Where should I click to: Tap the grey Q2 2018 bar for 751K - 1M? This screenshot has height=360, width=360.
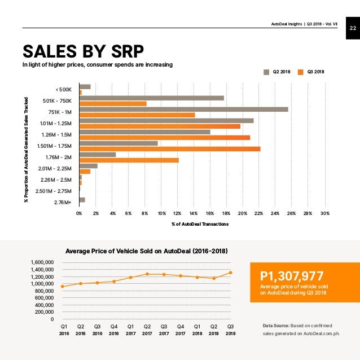coord(183,109)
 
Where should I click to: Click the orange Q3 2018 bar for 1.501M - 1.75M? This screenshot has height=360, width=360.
coord(169,149)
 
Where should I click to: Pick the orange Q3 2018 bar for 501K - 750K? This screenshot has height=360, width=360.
coord(113,103)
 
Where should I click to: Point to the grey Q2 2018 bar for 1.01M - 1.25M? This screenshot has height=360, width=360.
coord(166,120)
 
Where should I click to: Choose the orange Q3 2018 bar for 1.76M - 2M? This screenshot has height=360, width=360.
coord(129,160)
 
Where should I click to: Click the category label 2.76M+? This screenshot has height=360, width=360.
coord(64,201)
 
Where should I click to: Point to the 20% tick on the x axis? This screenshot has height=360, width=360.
coord(243,214)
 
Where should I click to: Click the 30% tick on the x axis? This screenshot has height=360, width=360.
coord(325,214)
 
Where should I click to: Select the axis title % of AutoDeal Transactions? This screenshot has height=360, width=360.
coord(200,225)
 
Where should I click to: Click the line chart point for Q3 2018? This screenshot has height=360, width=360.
coord(231,273)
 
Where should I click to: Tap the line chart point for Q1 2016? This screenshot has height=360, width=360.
coord(63,287)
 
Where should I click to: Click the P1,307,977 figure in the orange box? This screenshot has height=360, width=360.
coord(292,276)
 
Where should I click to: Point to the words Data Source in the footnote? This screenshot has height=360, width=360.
coord(276,326)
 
